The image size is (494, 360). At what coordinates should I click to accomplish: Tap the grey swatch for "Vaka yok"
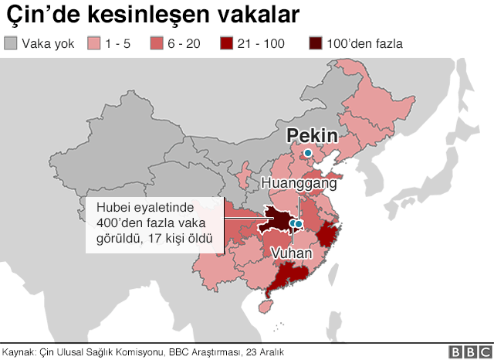pos(11,43)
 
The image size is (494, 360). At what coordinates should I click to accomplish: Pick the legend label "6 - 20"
pos(183,44)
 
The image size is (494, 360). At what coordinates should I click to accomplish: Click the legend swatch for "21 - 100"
pos(227,43)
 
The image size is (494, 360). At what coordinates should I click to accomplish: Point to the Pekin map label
pos(312,136)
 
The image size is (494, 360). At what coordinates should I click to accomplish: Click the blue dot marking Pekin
pos(308,153)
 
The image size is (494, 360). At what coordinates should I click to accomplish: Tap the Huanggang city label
pos(299,184)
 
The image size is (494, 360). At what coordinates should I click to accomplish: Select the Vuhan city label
pos(293,253)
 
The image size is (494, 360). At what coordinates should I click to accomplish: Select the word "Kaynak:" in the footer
pos(19,352)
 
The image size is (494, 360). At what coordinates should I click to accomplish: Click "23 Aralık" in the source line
pos(265,352)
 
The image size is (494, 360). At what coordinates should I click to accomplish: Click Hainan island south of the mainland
pos(266,305)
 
